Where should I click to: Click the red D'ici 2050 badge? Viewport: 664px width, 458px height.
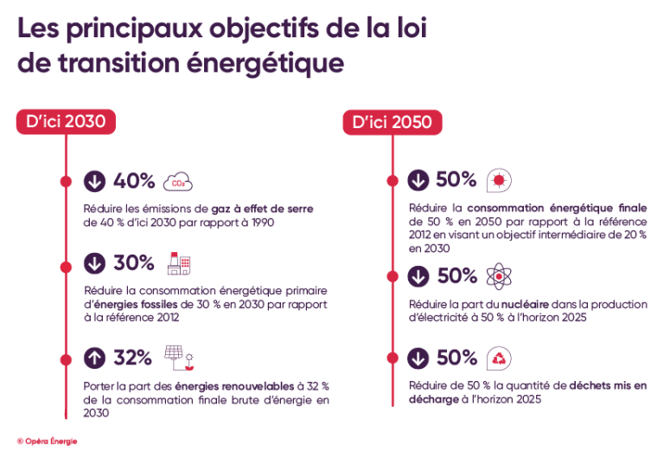click(x=392, y=122)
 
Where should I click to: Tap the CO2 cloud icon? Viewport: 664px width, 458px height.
click(x=177, y=182)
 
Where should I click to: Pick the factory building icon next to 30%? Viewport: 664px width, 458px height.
click(x=178, y=263)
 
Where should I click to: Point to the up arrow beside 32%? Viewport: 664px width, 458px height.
click(x=94, y=357)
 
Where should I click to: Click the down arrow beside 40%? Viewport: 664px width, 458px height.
click(x=94, y=182)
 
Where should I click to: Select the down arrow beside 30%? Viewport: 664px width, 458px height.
click(x=94, y=263)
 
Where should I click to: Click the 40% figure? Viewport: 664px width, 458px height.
click(x=134, y=182)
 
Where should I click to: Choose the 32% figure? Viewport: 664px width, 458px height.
click(x=133, y=357)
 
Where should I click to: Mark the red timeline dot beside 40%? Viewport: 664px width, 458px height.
click(x=66, y=182)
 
